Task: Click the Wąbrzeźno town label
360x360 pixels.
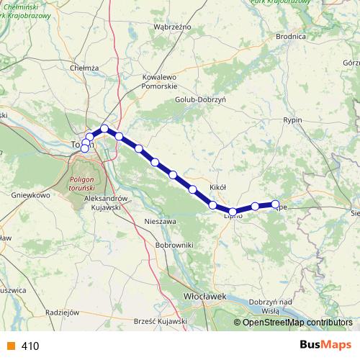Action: tap(172, 26)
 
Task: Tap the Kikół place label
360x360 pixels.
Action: tap(217, 187)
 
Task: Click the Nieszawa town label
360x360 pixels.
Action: tap(161, 221)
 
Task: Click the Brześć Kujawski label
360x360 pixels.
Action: tap(161, 320)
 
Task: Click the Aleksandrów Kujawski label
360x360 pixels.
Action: tap(106, 202)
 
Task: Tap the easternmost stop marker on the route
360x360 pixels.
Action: tap(275, 204)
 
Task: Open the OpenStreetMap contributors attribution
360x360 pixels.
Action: tap(297, 322)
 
